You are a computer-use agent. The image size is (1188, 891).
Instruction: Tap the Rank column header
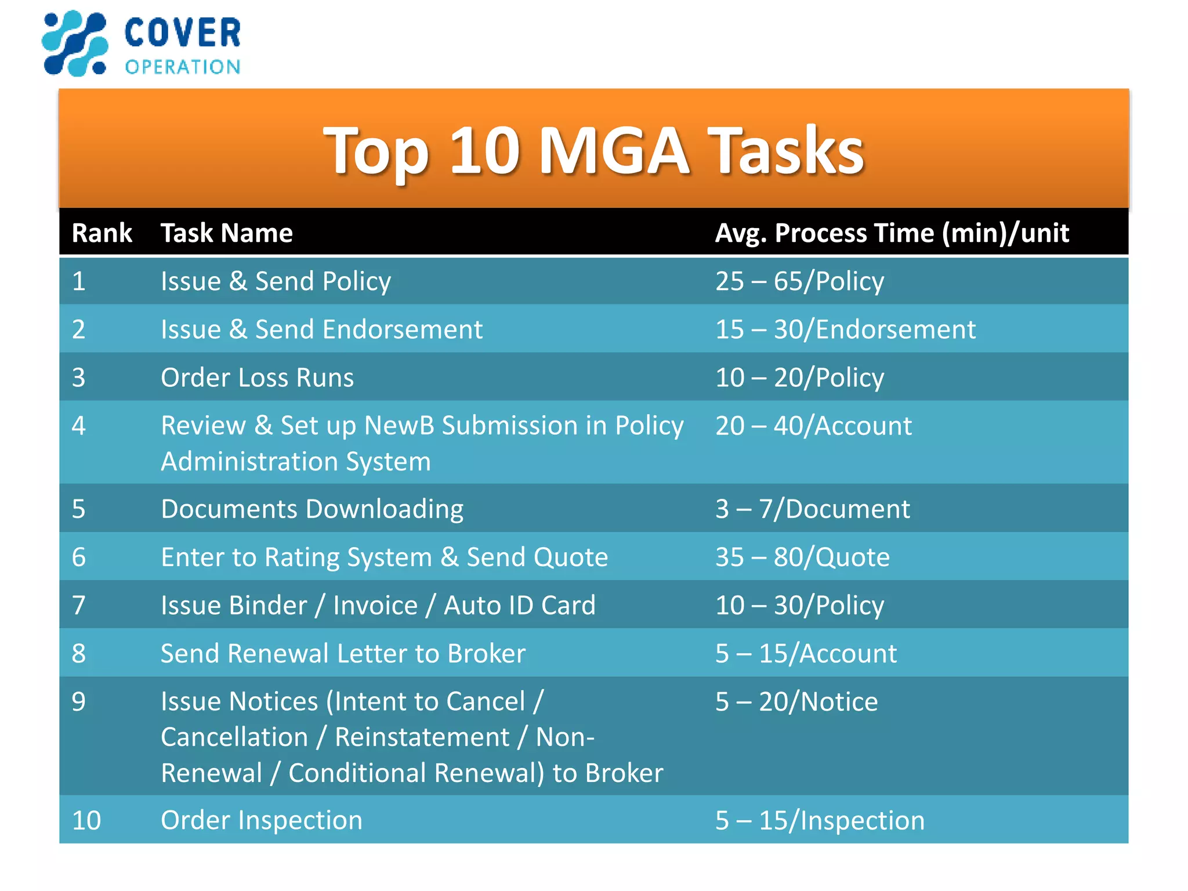coord(102,233)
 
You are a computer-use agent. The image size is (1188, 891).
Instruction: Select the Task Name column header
coord(226,233)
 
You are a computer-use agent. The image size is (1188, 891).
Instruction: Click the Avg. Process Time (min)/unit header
coord(891,233)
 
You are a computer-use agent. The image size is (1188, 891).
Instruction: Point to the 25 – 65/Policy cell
coord(799,281)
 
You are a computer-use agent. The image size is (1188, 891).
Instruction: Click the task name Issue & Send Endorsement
coord(321,329)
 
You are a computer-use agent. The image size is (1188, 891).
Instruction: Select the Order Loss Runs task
coord(257,378)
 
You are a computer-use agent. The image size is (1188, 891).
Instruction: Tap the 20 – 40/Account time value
coord(813,426)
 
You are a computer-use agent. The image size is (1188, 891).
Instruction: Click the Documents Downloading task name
coord(312,509)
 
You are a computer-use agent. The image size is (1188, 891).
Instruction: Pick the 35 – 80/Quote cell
coord(802,557)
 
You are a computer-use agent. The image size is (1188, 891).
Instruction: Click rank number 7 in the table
coord(79,606)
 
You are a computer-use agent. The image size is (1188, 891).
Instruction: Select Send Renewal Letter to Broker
coord(343,654)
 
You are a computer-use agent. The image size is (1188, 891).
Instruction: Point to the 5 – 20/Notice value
coord(796,702)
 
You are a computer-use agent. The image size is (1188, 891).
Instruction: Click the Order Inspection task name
coord(261,820)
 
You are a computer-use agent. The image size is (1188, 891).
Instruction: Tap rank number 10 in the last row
coord(86,820)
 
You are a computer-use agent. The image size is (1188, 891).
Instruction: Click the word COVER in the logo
coord(182,33)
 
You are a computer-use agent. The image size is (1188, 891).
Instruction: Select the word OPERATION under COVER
coord(182,67)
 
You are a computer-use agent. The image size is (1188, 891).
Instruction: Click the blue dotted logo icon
coord(75,44)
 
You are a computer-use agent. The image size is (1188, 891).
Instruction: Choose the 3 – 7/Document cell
coord(812,509)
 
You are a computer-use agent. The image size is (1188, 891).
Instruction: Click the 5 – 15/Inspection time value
coord(819,820)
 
